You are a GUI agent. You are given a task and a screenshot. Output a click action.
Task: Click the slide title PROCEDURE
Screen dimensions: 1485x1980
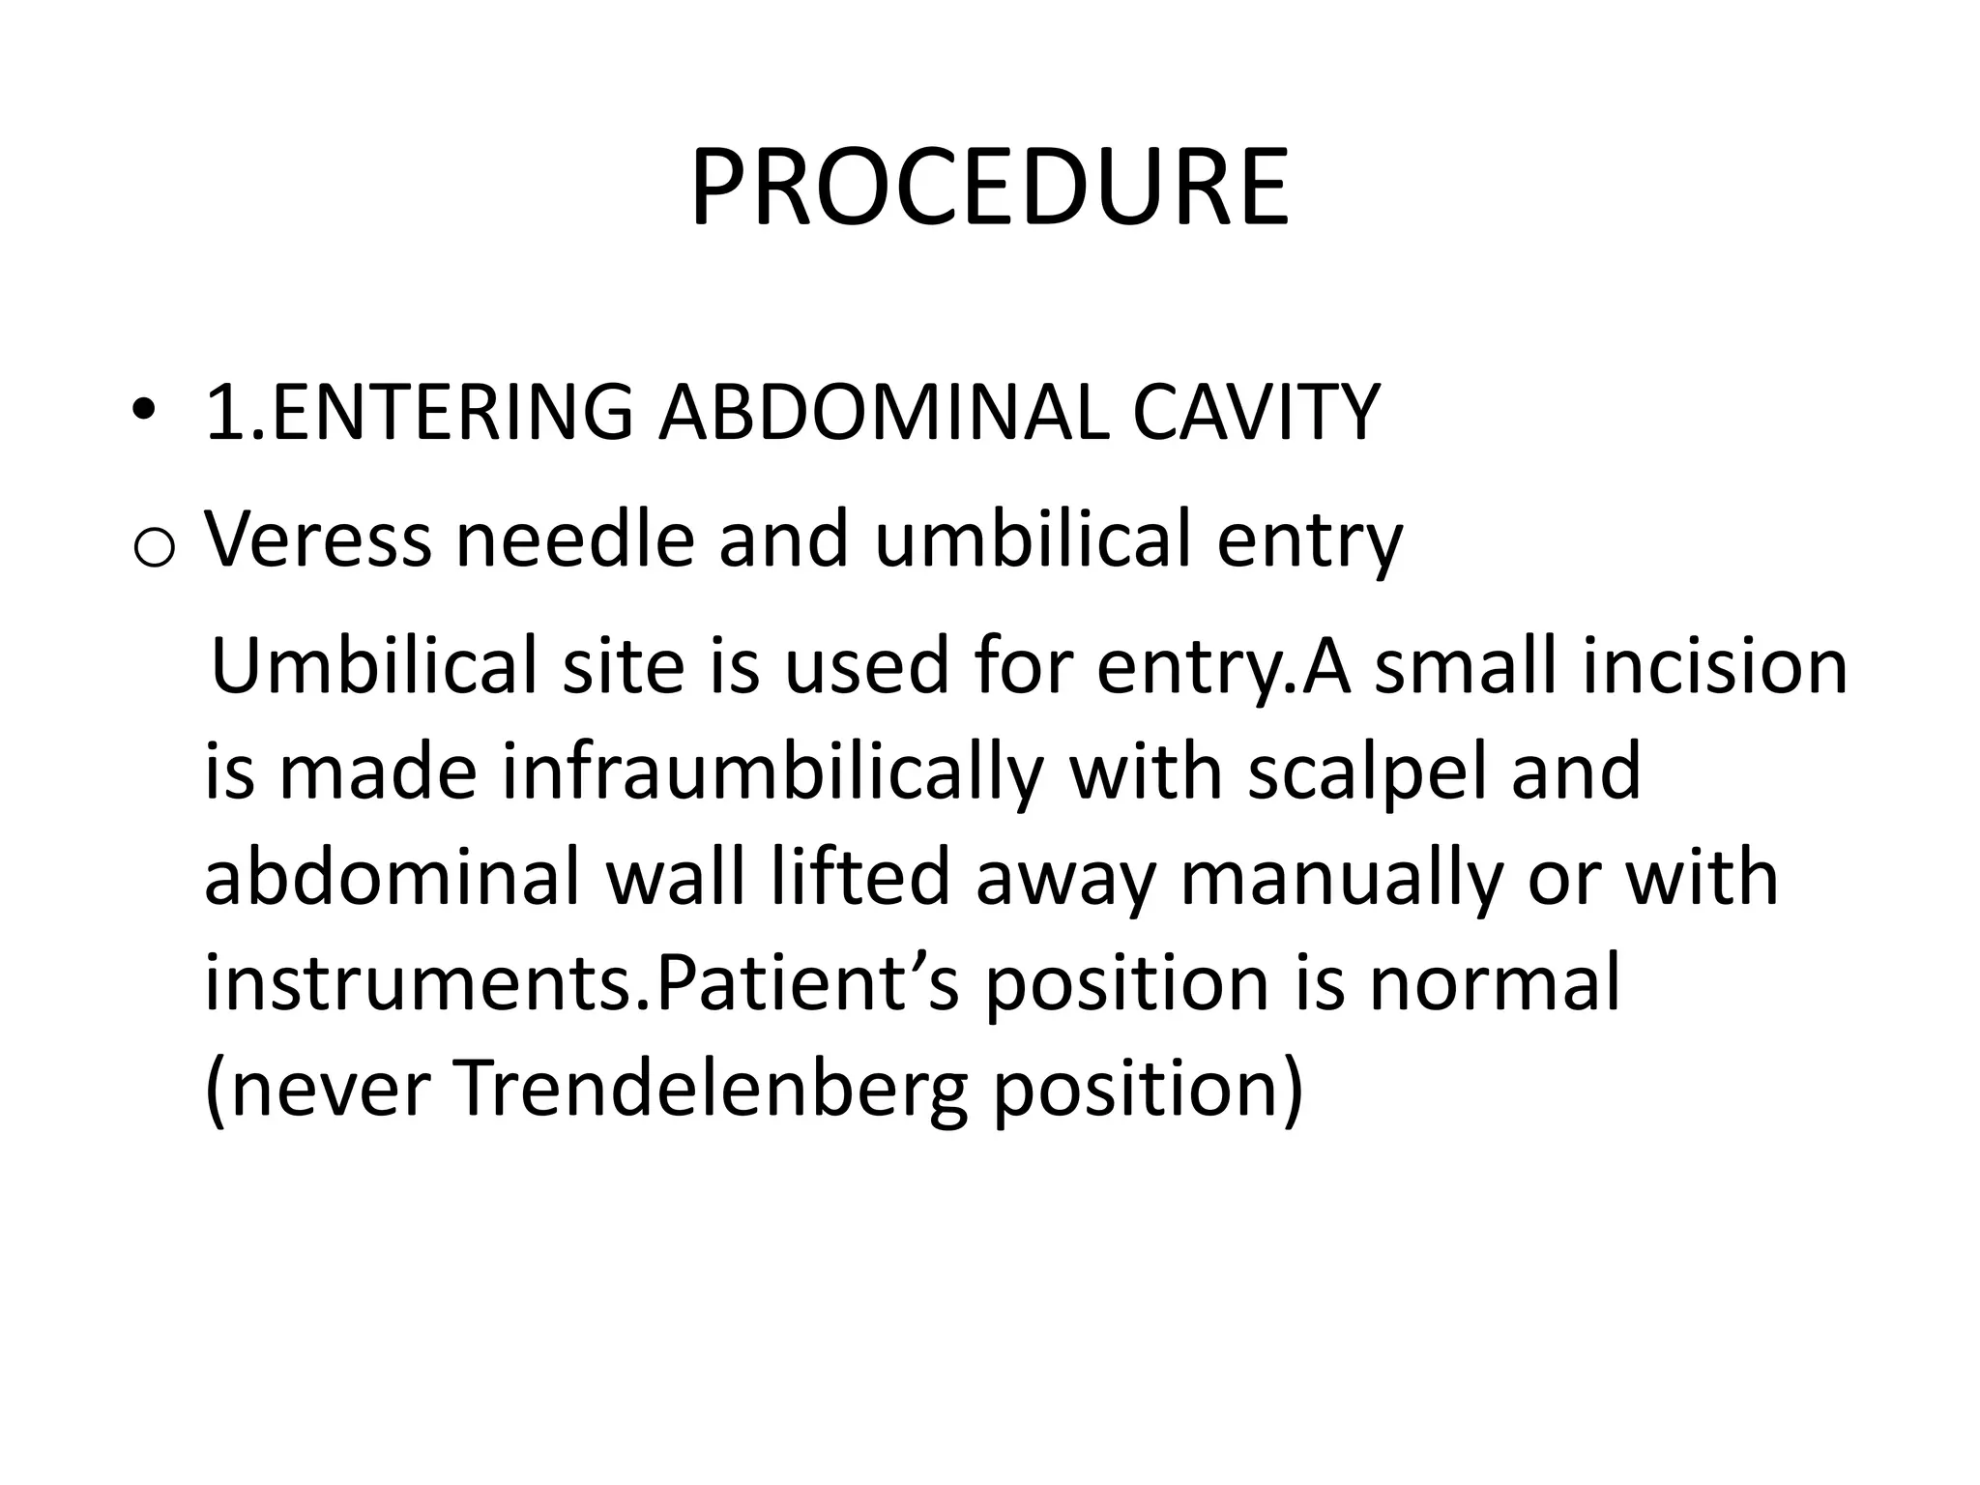(989, 188)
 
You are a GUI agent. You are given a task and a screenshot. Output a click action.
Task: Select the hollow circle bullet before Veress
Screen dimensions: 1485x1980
(153, 549)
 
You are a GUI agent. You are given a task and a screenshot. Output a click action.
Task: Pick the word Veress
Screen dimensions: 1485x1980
(318, 539)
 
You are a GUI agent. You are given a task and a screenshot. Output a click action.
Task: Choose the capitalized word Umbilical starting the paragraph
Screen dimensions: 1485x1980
(372, 667)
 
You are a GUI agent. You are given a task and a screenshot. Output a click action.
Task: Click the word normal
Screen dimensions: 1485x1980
(1494, 983)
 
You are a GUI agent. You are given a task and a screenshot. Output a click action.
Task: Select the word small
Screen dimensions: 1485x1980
(1468, 667)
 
